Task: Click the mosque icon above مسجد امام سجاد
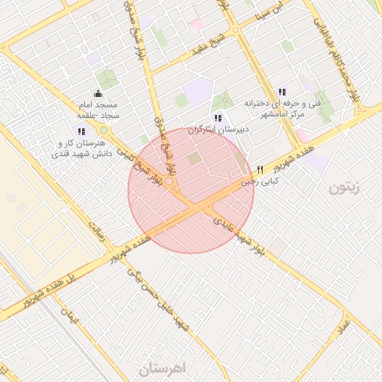98,95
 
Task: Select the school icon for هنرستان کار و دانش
81,131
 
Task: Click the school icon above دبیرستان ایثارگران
217,117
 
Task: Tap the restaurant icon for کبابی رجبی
260,169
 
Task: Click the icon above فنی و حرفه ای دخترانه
281,91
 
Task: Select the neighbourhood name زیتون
344,187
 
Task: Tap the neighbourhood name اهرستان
166,369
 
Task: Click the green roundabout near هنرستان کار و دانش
104,131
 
